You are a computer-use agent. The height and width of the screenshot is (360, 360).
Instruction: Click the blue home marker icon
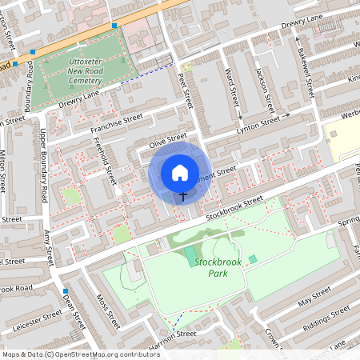click(180, 172)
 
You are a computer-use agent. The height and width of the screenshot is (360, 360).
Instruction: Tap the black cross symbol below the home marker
click(182, 194)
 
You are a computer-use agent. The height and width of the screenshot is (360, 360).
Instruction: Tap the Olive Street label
click(167, 141)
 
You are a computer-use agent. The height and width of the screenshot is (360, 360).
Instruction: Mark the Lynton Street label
click(258, 124)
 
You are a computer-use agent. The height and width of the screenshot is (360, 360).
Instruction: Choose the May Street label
click(314, 299)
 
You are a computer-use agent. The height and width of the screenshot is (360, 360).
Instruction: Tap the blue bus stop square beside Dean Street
click(63, 290)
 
